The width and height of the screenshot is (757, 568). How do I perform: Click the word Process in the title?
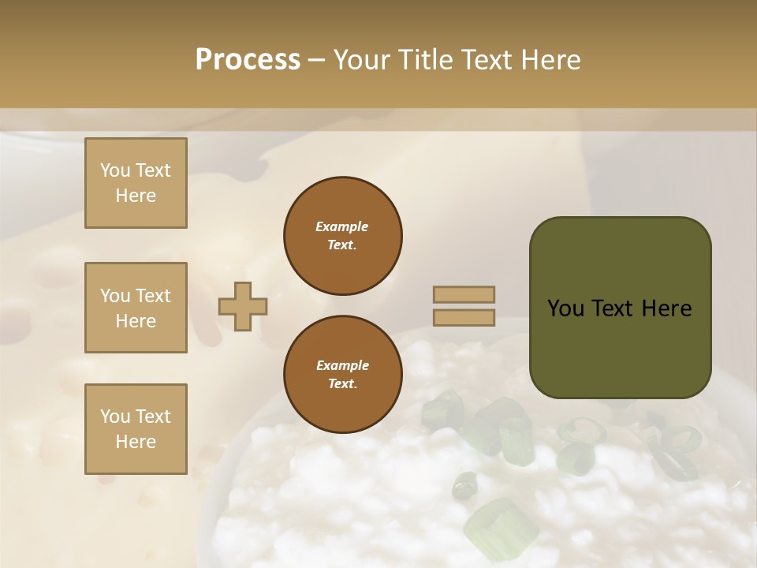pos(248,59)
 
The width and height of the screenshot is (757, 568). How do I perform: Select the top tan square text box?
pos(136,183)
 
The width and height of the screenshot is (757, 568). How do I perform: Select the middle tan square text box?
pos(136,308)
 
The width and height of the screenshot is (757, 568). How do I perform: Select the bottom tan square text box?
pos(136,429)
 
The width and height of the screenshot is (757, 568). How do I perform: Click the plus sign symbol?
pos(243,306)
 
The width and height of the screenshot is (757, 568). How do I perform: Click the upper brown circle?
pos(343,236)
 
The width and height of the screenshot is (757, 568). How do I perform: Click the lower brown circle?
pos(343,375)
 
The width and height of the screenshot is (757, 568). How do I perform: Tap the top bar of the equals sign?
pos(464,294)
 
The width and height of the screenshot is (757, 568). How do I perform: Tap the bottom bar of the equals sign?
pos(464,318)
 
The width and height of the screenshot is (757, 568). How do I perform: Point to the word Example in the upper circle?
pos(342,226)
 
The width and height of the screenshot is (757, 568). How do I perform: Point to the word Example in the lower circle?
pos(342,365)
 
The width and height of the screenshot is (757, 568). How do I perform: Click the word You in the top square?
pos(114,170)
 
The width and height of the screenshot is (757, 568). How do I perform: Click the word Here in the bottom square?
pos(136,442)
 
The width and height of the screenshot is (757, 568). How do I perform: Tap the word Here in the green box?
pos(666,308)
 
